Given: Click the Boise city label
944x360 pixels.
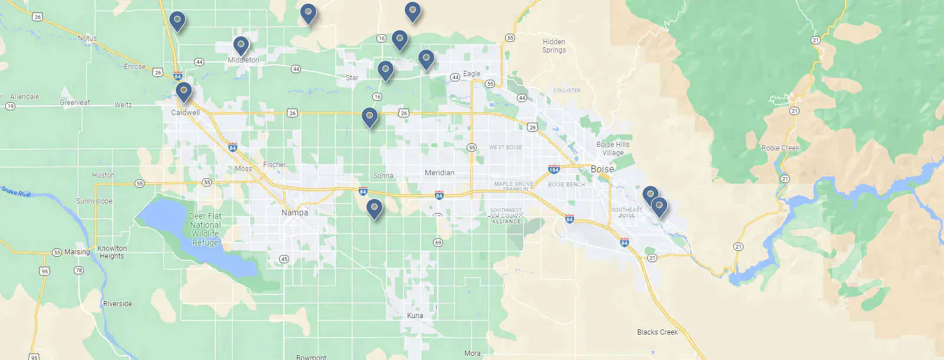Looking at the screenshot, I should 602,169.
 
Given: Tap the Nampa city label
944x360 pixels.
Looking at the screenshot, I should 294,212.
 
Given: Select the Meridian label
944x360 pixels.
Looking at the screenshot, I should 440,173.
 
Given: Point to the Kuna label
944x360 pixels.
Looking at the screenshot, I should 415,316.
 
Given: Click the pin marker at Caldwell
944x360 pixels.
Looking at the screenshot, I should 183,91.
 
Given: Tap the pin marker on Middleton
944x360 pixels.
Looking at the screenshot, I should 241,45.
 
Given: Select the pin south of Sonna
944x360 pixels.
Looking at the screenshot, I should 374,208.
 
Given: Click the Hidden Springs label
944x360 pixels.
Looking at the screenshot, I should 554,46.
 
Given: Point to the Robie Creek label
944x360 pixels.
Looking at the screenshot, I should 780,148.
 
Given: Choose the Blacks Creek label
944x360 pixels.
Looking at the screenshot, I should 657,332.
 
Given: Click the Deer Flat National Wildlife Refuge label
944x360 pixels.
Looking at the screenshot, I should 205,230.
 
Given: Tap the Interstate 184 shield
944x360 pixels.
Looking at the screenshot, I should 553,169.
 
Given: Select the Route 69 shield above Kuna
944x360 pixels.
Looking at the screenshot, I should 438,243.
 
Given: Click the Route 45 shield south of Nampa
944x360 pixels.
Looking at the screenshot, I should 284,259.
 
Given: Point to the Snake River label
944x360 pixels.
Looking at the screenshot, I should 16,191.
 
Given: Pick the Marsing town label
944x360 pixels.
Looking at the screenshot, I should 77,252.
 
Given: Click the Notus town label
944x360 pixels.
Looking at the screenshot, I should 87,38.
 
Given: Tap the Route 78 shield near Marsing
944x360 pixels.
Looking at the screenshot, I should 79,270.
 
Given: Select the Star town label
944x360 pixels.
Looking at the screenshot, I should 352,78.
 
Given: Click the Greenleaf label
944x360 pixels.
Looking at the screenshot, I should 75,103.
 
